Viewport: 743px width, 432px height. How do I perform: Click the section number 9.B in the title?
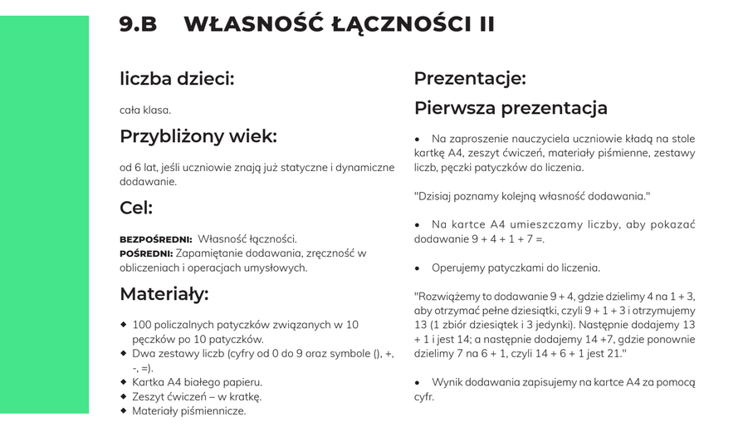[138, 24]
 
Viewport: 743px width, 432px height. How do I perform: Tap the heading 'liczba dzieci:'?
[177, 79]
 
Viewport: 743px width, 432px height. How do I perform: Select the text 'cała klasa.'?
[145, 110]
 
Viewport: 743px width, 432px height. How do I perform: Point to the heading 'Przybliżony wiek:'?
[198, 136]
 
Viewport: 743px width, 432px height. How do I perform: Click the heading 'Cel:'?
[136, 208]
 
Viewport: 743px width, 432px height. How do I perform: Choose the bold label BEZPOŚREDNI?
[156, 239]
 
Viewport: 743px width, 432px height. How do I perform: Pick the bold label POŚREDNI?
[146, 253]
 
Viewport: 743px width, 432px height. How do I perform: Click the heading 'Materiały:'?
[164, 294]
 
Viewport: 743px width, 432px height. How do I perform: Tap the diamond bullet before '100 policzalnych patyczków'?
[124, 324]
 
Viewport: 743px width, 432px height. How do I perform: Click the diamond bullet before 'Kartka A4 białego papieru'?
[124, 382]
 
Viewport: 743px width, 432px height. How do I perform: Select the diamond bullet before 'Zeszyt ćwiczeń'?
[124, 396]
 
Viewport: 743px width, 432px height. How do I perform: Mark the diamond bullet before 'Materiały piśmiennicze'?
[124, 410]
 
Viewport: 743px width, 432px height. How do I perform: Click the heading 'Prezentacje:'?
[470, 79]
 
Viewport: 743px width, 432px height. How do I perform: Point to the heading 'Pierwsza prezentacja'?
[511, 108]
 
